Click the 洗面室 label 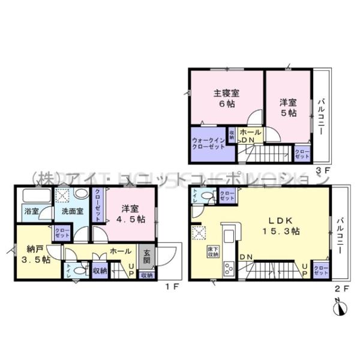(65, 211)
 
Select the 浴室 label (31, 211)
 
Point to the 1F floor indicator (172, 287)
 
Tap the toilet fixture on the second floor (206, 195)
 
